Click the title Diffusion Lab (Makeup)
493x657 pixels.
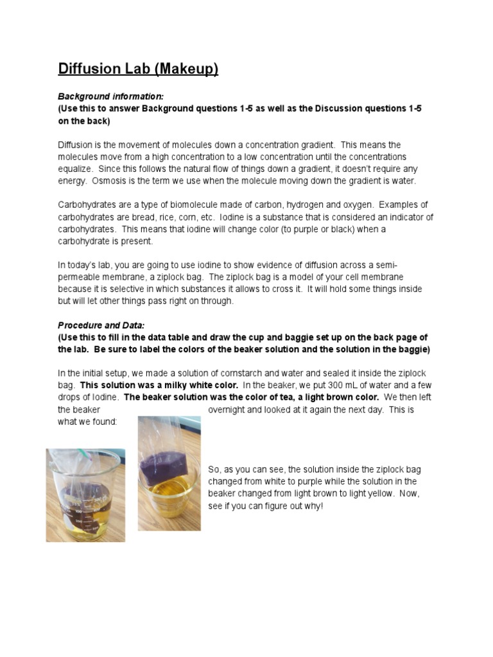[138, 69]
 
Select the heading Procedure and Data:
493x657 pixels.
[101, 325]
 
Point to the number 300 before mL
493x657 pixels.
[310, 385]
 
